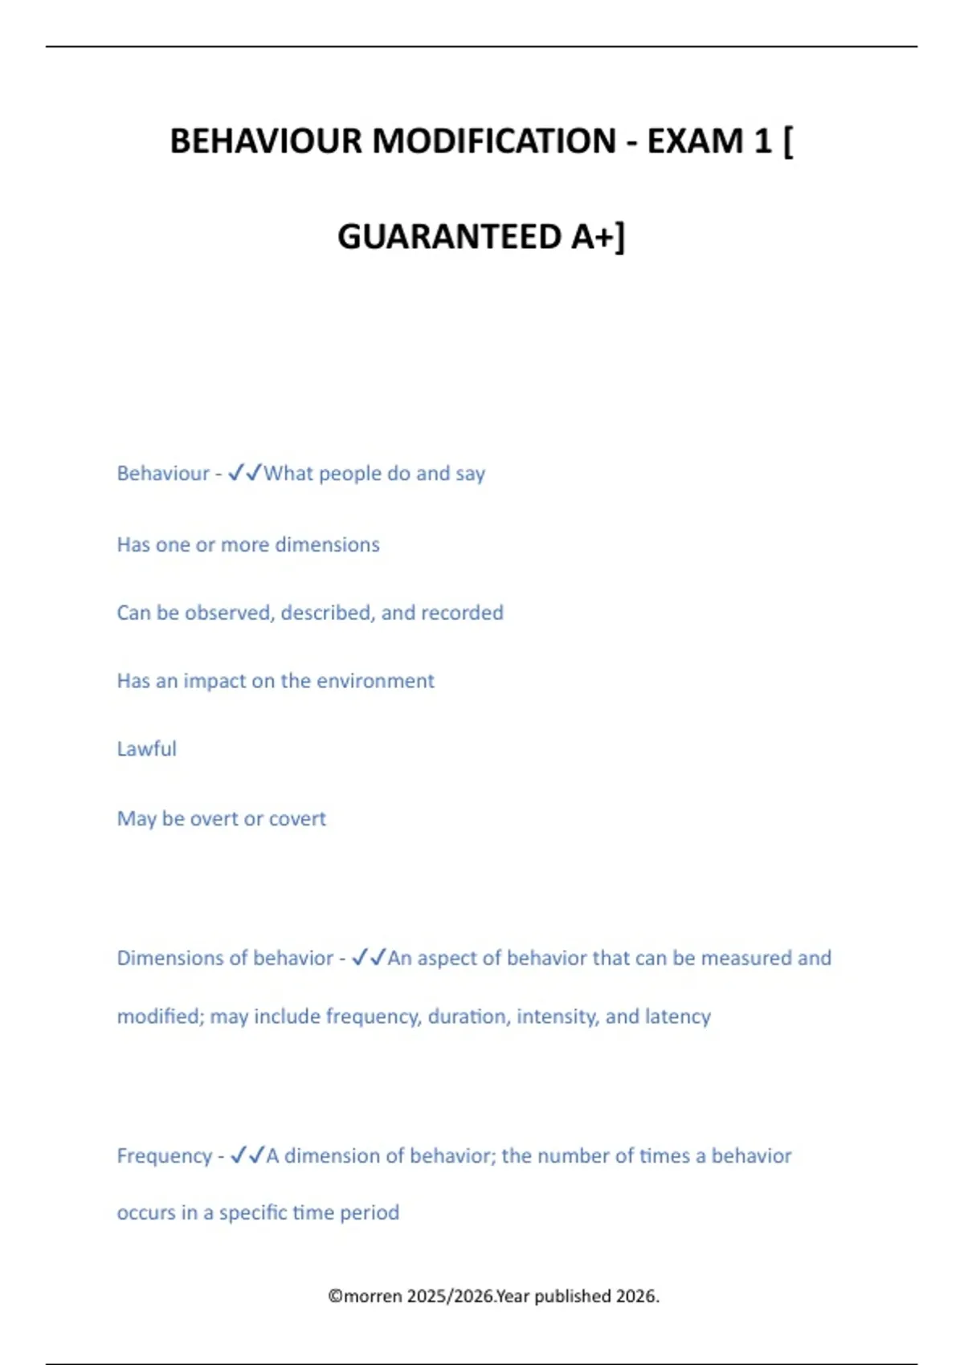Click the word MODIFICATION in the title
[x=494, y=141]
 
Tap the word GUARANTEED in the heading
[x=449, y=237]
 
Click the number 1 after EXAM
[x=762, y=141]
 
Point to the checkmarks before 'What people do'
[x=245, y=473]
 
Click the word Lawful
[x=146, y=748]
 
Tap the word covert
[x=297, y=818]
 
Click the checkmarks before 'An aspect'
[x=369, y=957]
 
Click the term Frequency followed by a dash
[x=164, y=1155]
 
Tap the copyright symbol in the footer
[x=335, y=1296]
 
